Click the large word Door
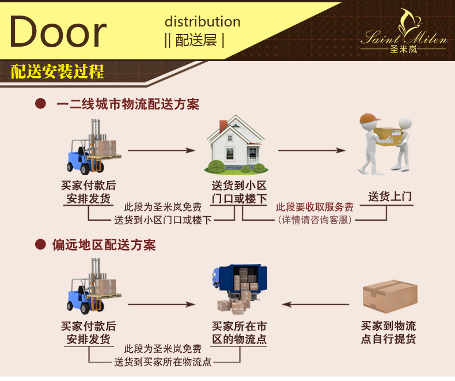click(x=58, y=32)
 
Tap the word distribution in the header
click(x=202, y=22)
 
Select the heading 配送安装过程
click(x=58, y=72)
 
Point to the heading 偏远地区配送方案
click(x=104, y=244)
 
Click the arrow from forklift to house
click(x=161, y=150)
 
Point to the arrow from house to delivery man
click(x=312, y=150)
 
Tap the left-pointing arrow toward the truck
click(x=316, y=304)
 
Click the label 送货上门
click(x=390, y=197)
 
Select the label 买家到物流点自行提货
click(x=388, y=333)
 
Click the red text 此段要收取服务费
click(x=314, y=208)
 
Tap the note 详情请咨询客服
click(x=314, y=220)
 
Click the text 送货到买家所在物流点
click(x=162, y=362)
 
